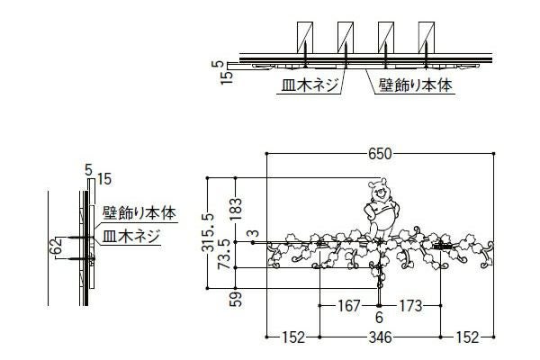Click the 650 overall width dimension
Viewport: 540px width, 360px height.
click(380, 154)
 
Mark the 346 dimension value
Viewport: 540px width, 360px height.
click(380, 338)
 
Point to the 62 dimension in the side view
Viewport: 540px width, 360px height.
click(56, 245)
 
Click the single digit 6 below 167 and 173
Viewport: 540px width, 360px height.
click(379, 317)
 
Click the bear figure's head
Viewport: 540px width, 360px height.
click(381, 191)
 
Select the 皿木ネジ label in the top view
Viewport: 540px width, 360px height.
click(307, 87)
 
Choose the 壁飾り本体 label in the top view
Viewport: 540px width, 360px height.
click(413, 87)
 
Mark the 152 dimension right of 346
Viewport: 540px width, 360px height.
click(465, 338)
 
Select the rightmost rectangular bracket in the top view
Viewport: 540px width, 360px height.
click(429, 40)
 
